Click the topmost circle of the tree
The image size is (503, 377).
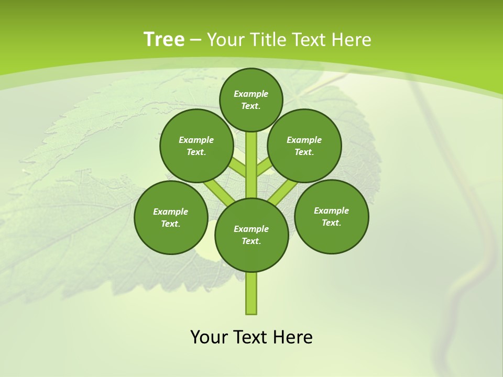pyautogui.click(x=251, y=99)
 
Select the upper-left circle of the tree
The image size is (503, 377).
pyautogui.click(x=196, y=146)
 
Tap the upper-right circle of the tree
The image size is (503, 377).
pyautogui.click(x=304, y=146)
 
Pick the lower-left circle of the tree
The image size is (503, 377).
pyautogui.click(x=171, y=217)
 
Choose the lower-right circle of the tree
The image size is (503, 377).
pyautogui.click(x=331, y=216)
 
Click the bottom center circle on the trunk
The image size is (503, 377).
pyautogui.click(x=251, y=235)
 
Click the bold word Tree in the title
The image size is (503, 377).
pyautogui.click(x=164, y=39)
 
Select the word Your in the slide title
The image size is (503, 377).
pyautogui.click(x=225, y=39)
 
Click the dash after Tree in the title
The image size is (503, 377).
pyautogui.click(x=195, y=40)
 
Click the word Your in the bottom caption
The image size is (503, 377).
pyautogui.click(x=209, y=337)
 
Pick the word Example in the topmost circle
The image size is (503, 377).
pyautogui.click(x=251, y=94)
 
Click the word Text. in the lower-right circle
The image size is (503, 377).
pyautogui.click(x=331, y=223)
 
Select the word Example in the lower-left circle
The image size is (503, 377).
pyautogui.click(x=171, y=212)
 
